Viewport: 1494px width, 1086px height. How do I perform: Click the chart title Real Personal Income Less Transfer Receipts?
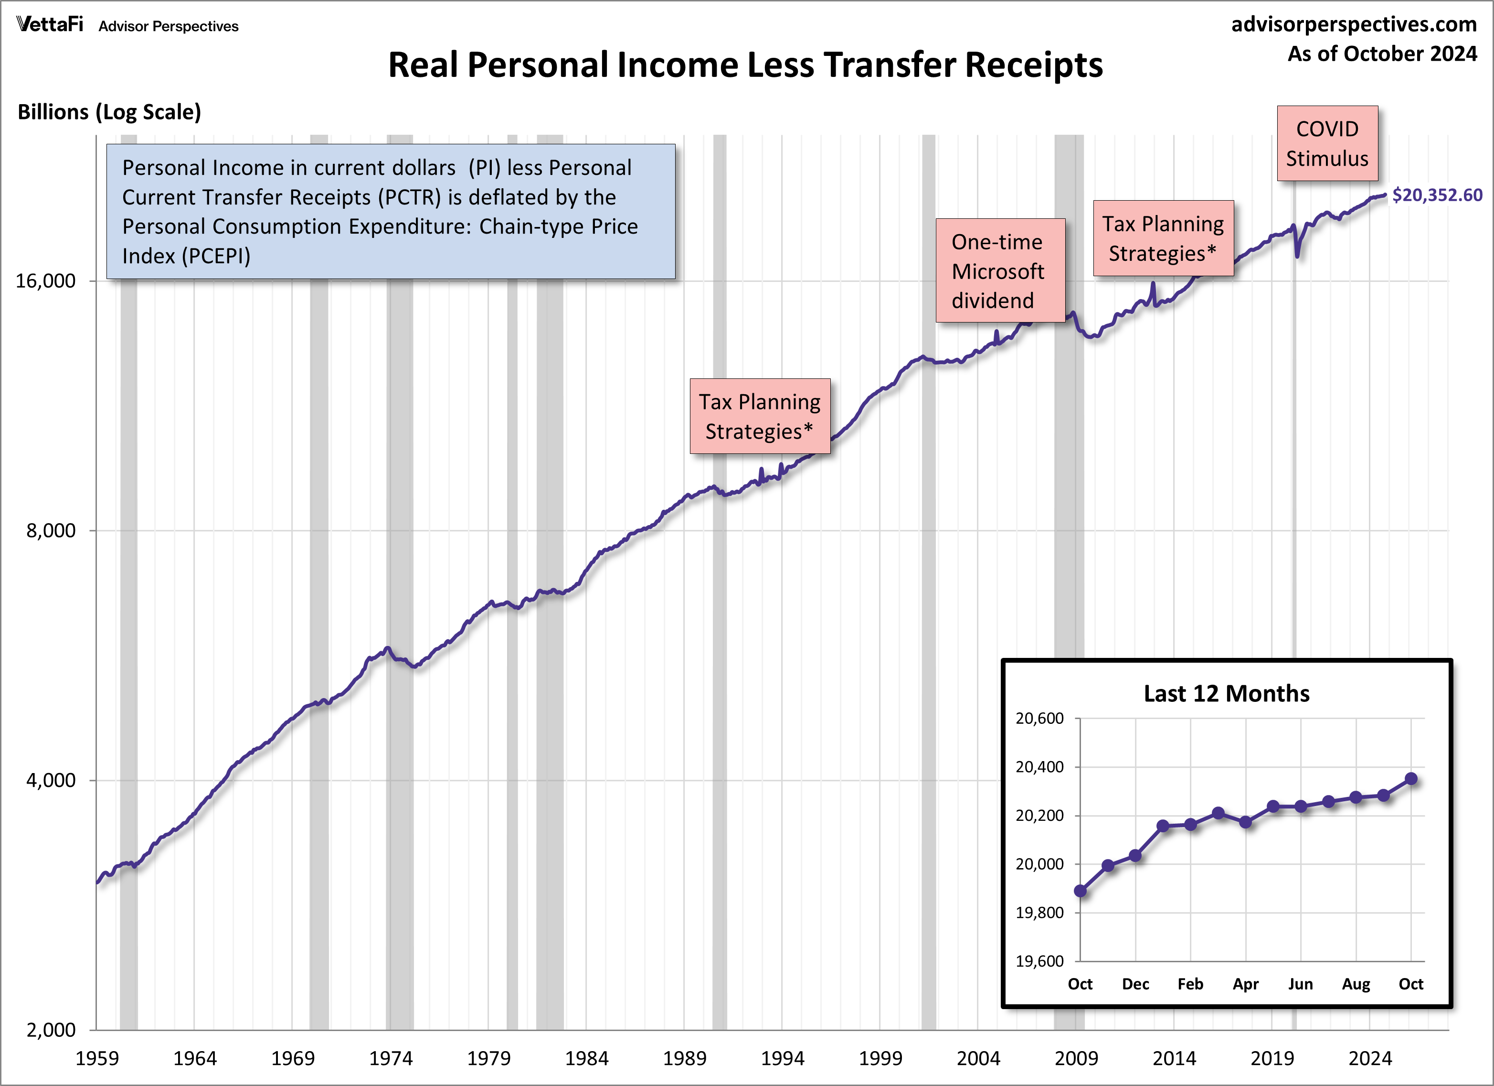[745, 65]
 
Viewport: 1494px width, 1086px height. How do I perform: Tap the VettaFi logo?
[50, 25]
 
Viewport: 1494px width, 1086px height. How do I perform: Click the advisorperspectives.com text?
[1354, 24]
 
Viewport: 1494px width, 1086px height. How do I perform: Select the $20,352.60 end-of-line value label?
[1437, 195]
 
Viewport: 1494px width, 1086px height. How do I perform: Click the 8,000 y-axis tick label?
[51, 530]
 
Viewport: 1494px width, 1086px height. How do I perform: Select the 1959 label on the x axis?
[97, 1058]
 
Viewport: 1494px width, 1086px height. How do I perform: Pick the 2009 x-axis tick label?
[1076, 1058]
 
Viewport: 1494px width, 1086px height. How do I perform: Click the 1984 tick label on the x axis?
[586, 1058]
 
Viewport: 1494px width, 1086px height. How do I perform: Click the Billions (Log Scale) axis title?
[109, 112]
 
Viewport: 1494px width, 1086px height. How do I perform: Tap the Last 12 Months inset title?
[1226, 693]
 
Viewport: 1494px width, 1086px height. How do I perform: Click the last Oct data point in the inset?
[1411, 779]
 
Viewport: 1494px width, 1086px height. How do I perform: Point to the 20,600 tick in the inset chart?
[1039, 718]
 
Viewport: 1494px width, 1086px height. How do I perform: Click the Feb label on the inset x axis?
[1190, 984]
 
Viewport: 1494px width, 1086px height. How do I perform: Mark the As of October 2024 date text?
[1382, 54]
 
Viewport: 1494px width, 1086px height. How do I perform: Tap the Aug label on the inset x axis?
[1356, 984]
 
